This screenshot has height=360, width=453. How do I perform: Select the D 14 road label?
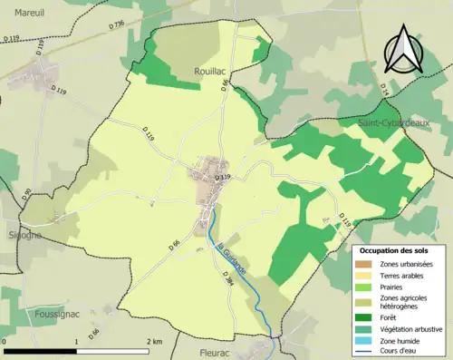pos(383,92)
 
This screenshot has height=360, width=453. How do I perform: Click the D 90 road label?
pos(27,194)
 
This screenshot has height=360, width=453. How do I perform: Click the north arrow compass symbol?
pos(401,50)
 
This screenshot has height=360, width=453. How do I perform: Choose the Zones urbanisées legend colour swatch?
pos(363,263)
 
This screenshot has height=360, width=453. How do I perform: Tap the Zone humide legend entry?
pos(403,339)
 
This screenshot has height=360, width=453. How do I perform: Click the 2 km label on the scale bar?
pos(154,342)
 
